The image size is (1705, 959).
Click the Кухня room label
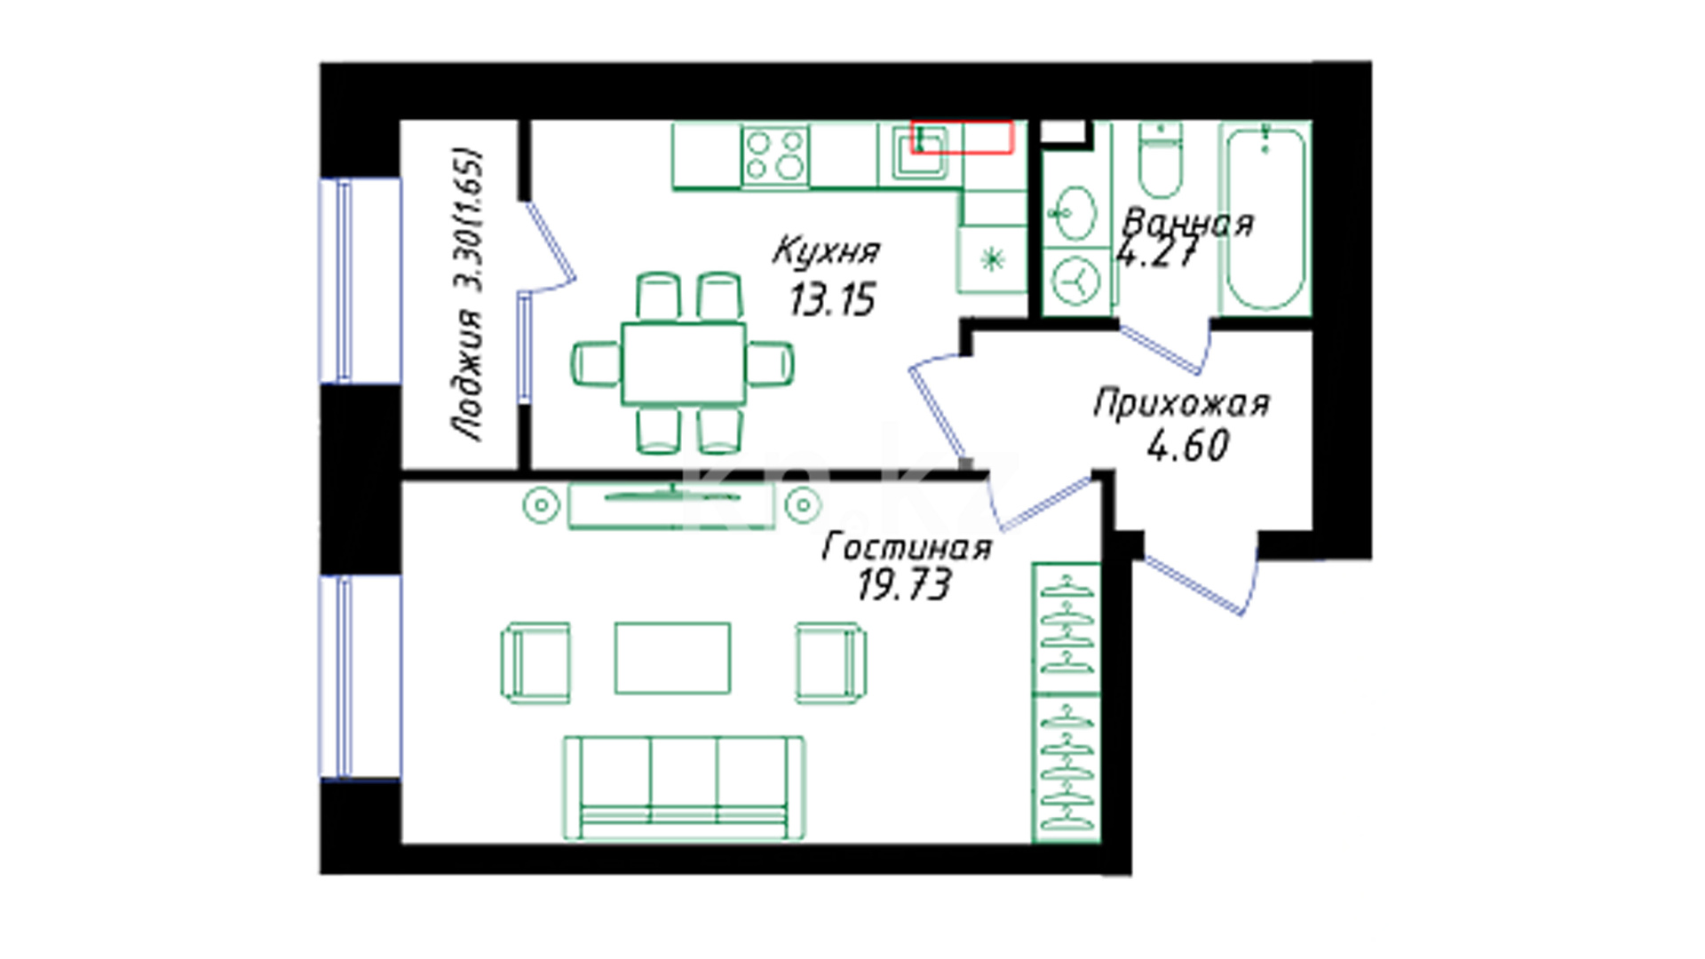tap(826, 250)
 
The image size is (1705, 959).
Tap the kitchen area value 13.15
tap(832, 299)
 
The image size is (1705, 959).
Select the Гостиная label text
tap(907, 546)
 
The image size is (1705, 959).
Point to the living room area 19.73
tap(904, 584)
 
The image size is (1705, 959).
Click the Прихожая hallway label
tap(1181, 404)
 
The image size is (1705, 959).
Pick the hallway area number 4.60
tap(1188, 446)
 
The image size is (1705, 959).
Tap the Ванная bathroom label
tap(1188, 222)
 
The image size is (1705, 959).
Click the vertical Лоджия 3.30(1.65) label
tap(467, 295)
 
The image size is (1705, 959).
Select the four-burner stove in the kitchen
tap(775, 155)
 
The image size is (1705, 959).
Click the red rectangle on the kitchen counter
tap(962, 138)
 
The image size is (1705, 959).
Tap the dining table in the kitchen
tap(684, 363)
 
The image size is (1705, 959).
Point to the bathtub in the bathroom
tap(1265, 218)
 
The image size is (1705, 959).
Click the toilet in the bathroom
tap(1161, 160)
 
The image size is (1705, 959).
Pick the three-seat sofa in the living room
tap(684, 787)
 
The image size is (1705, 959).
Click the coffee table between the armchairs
tap(673, 658)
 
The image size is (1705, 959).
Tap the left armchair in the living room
tap(535, 662)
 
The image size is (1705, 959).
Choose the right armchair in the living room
tap(831, 662)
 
